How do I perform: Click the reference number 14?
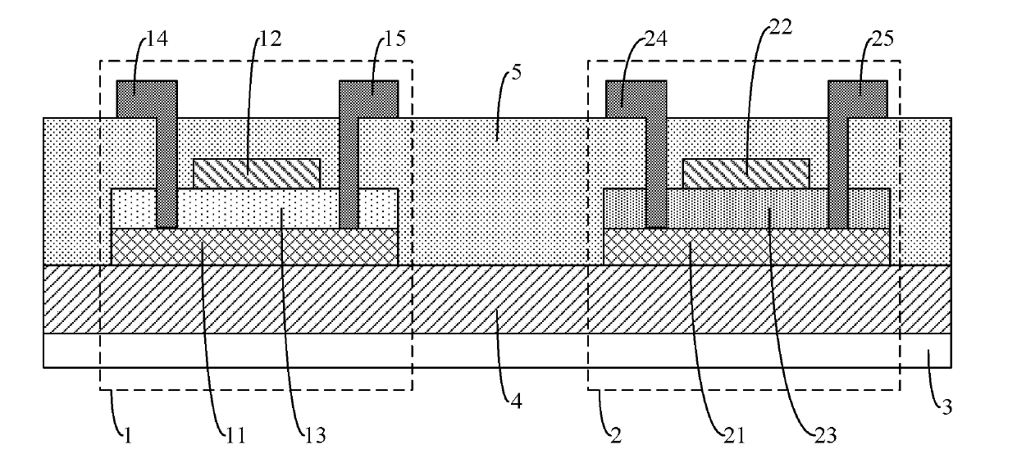point(157,39)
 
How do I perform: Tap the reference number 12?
point(271,39)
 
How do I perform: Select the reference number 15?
point(394,39)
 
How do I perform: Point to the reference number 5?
point(517,73)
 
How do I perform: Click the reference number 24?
point(656,39)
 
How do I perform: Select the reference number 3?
point(946,406)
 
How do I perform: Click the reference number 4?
point(516,402)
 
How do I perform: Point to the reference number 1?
point(128,436)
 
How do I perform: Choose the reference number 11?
point(235,436)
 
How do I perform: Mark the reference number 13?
point(316,436)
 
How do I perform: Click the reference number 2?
point(616,436)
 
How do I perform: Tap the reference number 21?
point(735,436)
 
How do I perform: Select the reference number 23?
point(826,436)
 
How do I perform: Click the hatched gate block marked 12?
point(257,174)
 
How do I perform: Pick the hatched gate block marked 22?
point(746,174)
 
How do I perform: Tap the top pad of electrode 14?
point(147,99)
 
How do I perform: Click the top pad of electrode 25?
point(858,99)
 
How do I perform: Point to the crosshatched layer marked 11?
point(255,247)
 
